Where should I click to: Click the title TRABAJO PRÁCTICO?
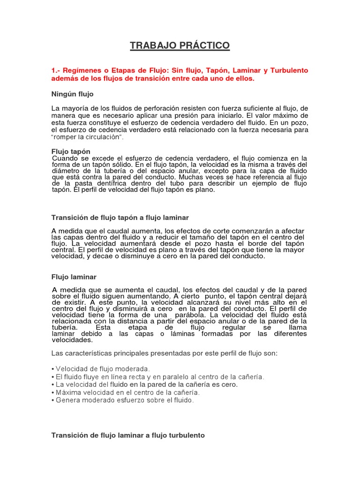pyautogui.click(x=180, y=45)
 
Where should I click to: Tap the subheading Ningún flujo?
pyautogui.click(x=72, y=94)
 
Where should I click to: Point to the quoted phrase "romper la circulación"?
pyautogui.click(x=87, y=136)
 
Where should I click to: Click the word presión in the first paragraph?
pyautogui.click(x=212, y=115)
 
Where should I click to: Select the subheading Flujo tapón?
pyautogui.click(x=70, y=151)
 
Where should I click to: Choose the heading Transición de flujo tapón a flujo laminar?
pyautogui.click(x=120, y=217)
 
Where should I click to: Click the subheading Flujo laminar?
pyautogui.click(x=74, y=277)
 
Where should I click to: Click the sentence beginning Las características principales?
pyautogui.click(x=164, y=353)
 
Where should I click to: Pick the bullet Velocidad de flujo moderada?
pyautogui.click(x=102, y=369)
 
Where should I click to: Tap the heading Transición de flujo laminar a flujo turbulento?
pyautogui.click(x=128, y=435)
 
